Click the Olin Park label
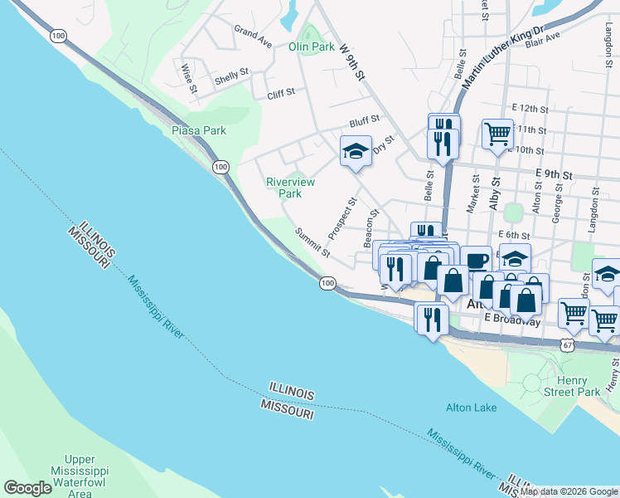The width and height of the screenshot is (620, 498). (x=312, y=47)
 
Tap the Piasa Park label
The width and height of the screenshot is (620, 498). (x=198, y=130)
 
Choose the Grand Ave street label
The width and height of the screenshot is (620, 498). (x=253, y=37)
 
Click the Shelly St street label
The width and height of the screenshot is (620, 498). (x=231, y=76)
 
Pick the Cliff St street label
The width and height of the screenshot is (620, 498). (x=281, y=95)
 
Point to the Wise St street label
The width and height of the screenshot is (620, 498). (x=189, y=77)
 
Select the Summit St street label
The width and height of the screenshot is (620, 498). (x=313, y=242)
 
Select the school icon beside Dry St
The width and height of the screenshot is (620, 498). (x=356, y=151)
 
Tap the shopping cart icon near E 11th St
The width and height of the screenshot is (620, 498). (x=497, y=133)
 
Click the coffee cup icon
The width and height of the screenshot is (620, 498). (x=476, y=259)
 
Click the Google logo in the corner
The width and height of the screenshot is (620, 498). (x=27, y=488)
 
